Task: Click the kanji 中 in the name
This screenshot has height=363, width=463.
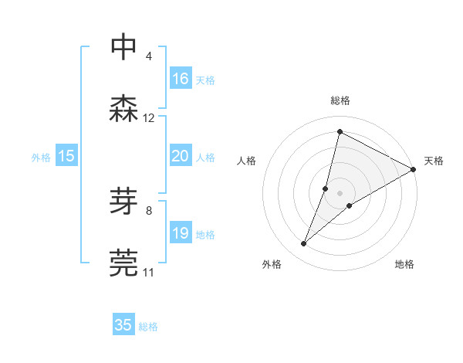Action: point(124,46)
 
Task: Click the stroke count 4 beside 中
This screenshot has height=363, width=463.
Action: point(148,56)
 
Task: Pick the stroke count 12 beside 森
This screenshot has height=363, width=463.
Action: point(149,118)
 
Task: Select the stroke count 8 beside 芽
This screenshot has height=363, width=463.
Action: point(148,210)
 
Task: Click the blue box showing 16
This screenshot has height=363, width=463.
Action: point(181,78)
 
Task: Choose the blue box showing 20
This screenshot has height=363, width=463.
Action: point(181,156)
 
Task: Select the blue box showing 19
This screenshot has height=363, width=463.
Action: point(181,233)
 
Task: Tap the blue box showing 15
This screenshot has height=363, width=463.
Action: point(66,156)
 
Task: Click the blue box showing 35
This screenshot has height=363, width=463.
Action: point(123,325)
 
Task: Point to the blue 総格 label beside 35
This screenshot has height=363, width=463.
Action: point(149,327)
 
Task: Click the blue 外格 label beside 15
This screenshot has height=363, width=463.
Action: point(41,157)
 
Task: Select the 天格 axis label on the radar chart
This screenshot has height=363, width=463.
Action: point(434,161)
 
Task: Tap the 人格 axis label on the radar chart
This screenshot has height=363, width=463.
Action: point(246,161)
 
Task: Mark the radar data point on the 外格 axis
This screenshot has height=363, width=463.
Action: point(304,244)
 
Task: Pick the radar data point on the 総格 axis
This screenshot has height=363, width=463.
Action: point(340,132)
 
